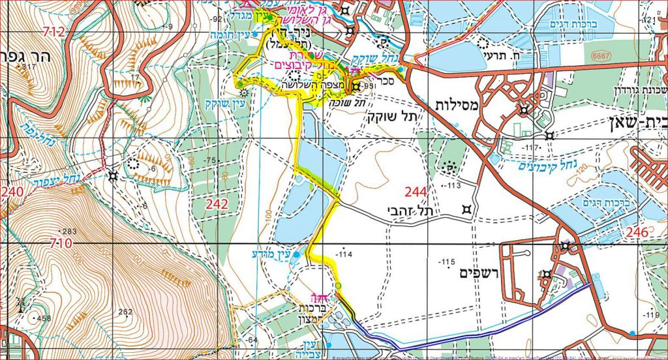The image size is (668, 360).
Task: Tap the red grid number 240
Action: pyautogui.click(x=11, y=192)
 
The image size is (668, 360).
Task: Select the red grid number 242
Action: pyautogui.click(x=217, y=205)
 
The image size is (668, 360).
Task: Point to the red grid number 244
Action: pyautogui.click(x=417, y=191)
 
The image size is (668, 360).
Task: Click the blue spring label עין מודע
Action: pyautogui.click(x=268, y=253)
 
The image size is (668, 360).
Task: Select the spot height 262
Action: pyautogui.click(x=124, y=312)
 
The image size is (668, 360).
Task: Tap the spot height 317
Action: pyautogui.click(x=27, y=67)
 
